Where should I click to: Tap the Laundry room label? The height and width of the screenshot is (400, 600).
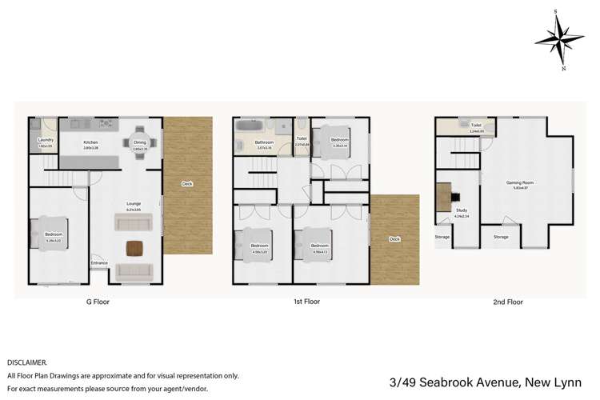(45, 140)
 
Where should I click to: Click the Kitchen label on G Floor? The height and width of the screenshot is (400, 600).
(90, 143)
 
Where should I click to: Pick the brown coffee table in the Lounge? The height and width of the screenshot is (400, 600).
(132, 247)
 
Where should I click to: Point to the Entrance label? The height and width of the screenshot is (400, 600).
(99, 262)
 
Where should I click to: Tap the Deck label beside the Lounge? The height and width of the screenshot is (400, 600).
(187, 184)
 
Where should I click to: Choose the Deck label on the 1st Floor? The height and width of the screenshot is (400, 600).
(395, 238)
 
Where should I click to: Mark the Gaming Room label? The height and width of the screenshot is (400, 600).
(519, 182)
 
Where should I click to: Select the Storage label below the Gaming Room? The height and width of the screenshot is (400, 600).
(501, 237)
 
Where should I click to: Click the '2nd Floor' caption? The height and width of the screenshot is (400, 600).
(508, 302)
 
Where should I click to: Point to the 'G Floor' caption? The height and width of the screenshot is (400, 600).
(98, 302)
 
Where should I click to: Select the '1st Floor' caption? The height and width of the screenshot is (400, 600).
(306, 302)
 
